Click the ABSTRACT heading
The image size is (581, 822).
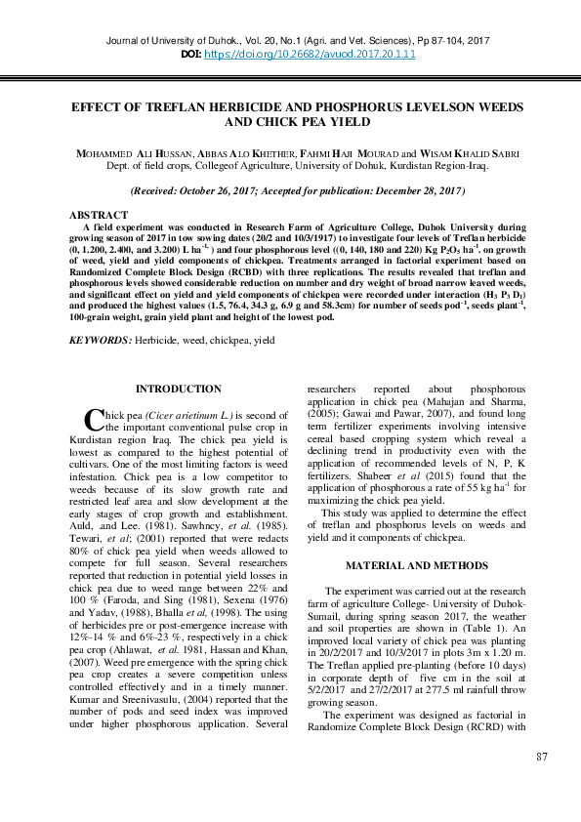[x=99, y=214]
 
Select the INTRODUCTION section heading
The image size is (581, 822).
[x=178, y=389]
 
